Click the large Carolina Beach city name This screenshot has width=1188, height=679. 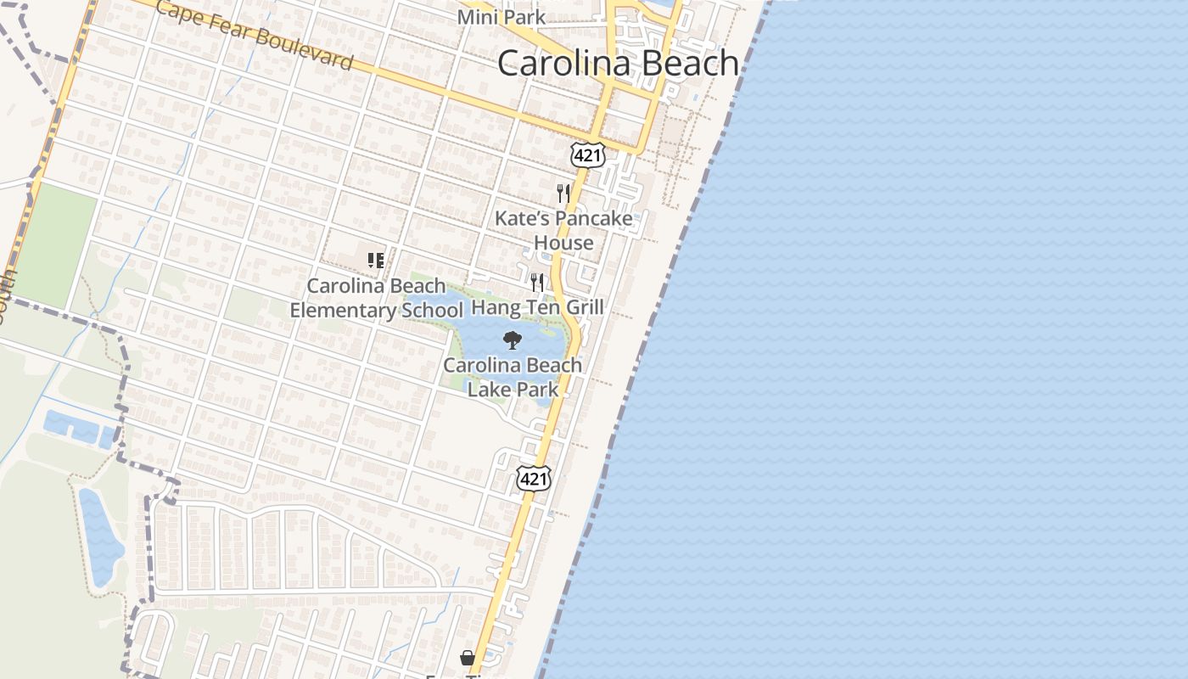618,64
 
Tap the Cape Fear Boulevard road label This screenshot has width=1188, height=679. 254,36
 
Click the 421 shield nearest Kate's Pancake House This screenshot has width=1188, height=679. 587,154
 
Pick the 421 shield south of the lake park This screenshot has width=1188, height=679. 534,479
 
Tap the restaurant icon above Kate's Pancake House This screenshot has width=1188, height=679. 563,194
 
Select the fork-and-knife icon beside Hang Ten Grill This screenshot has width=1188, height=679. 537,282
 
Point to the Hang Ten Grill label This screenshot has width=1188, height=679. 537,307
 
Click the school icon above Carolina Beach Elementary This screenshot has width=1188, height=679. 376,261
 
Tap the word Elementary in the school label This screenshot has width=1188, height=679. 342,311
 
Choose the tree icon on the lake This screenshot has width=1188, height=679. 512,340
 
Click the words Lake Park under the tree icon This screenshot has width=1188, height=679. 513,390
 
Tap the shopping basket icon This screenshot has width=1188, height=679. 467,658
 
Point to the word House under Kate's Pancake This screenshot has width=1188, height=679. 563,244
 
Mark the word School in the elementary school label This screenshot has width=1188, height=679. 432,311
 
